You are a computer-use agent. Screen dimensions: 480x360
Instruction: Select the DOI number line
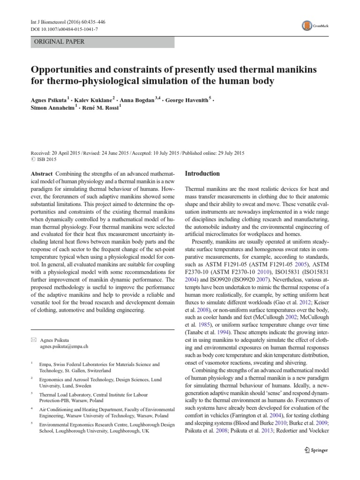[60, 29]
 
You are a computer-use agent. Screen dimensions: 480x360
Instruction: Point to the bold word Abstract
[41, 173]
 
